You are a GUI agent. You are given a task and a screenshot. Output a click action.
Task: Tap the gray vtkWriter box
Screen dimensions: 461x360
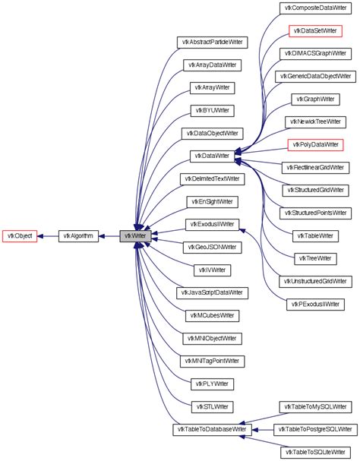click(x=135, y=236)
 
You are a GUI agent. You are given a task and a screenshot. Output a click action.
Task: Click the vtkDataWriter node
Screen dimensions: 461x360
click(x=211, y=156)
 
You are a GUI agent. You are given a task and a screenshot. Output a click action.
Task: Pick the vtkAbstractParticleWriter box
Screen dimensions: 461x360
click(x=211, y=42)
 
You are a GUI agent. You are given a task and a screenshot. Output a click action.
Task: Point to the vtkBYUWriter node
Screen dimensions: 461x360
click(x=211, y=110)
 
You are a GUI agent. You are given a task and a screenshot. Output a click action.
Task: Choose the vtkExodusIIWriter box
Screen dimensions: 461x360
click(x=211, y=224)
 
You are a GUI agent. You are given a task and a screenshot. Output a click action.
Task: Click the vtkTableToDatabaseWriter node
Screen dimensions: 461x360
click(x=211, y=429)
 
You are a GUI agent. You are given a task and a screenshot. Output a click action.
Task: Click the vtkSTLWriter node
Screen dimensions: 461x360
click(x=211, y=406)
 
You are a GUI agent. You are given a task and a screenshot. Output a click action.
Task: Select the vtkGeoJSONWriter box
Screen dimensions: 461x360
click(x=211, y=247)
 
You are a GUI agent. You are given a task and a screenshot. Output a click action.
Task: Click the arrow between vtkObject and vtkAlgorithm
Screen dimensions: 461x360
click(x=47, y=236)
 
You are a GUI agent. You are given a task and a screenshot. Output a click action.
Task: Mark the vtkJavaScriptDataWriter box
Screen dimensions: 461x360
click(x=211, y=292)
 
